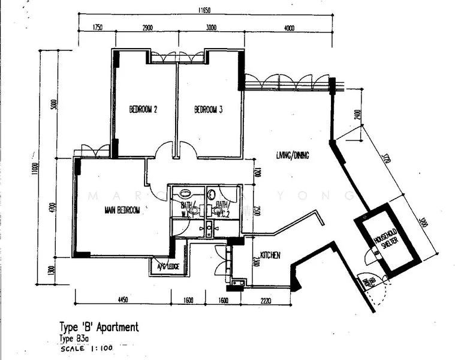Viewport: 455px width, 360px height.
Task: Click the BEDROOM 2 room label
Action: point(143,110)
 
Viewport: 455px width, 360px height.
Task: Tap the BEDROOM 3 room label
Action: point(209,110)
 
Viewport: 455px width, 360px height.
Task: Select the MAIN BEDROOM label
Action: point(122,210)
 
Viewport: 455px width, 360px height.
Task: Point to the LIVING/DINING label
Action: point(293,155)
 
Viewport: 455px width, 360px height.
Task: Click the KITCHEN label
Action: point(270,256)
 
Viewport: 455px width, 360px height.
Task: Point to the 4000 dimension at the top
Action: point(290,28)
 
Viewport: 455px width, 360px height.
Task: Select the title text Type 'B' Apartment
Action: point(99,327)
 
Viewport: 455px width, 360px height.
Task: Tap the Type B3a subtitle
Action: point(74,338)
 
